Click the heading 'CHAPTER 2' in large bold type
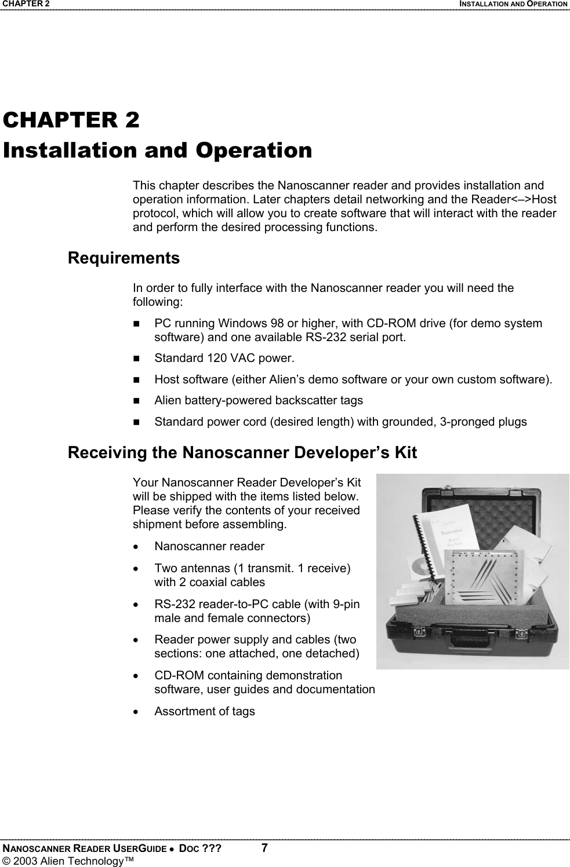coord(71,120)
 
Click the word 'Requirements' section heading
coord(124,258)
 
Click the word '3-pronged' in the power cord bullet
coord(464,422)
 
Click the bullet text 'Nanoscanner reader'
coord(209,546)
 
